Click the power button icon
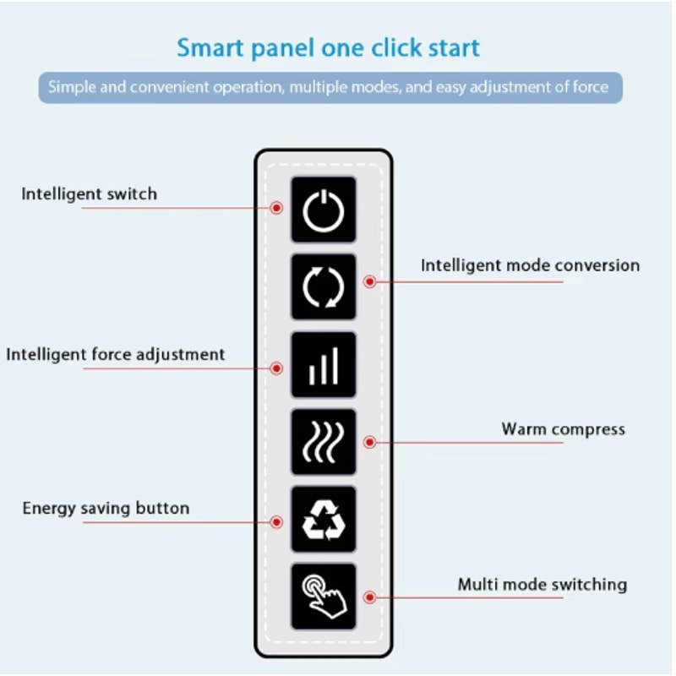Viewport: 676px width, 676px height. (x=323, y=210)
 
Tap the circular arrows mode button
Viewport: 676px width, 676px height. (x=323, y=287)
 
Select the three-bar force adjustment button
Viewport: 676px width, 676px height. (x=323, y=365)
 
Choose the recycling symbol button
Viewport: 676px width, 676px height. (x=323, y=520)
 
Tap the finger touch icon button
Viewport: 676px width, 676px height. (x=323, y=597)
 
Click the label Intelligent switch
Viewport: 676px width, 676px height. (x=89, y=194)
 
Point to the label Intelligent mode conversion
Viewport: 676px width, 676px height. (x=530, y=265)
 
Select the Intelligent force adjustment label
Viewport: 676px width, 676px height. (x=116, y=354)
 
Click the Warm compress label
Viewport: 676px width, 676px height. (x=563, y=428)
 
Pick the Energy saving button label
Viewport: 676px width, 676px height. (x=106, y=508)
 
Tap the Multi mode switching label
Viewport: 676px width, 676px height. (x=542, y=584)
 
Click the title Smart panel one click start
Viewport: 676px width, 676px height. (x=328, y=47)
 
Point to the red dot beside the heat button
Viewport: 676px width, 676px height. (x=369, y=442)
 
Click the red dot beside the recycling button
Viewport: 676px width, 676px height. (x=276, y=522)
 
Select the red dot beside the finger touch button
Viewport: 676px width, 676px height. (x=369, y=597)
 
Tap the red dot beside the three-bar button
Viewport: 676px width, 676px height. (x=276, y=368)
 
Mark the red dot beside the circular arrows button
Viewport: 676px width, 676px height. (x=369, y=281)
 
